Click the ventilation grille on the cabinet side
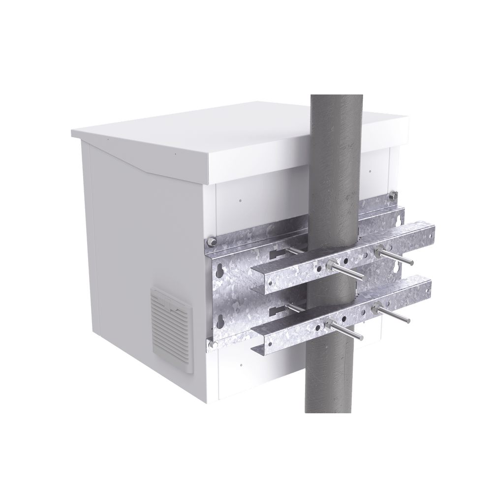[170, 322]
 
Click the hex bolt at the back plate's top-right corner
[393, 196]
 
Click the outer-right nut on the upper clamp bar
[379, 251]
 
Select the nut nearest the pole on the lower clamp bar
[328, 325]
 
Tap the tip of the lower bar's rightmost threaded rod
[408, 321]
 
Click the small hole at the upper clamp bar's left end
[270, 283]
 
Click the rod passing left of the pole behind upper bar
[295, 251]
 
